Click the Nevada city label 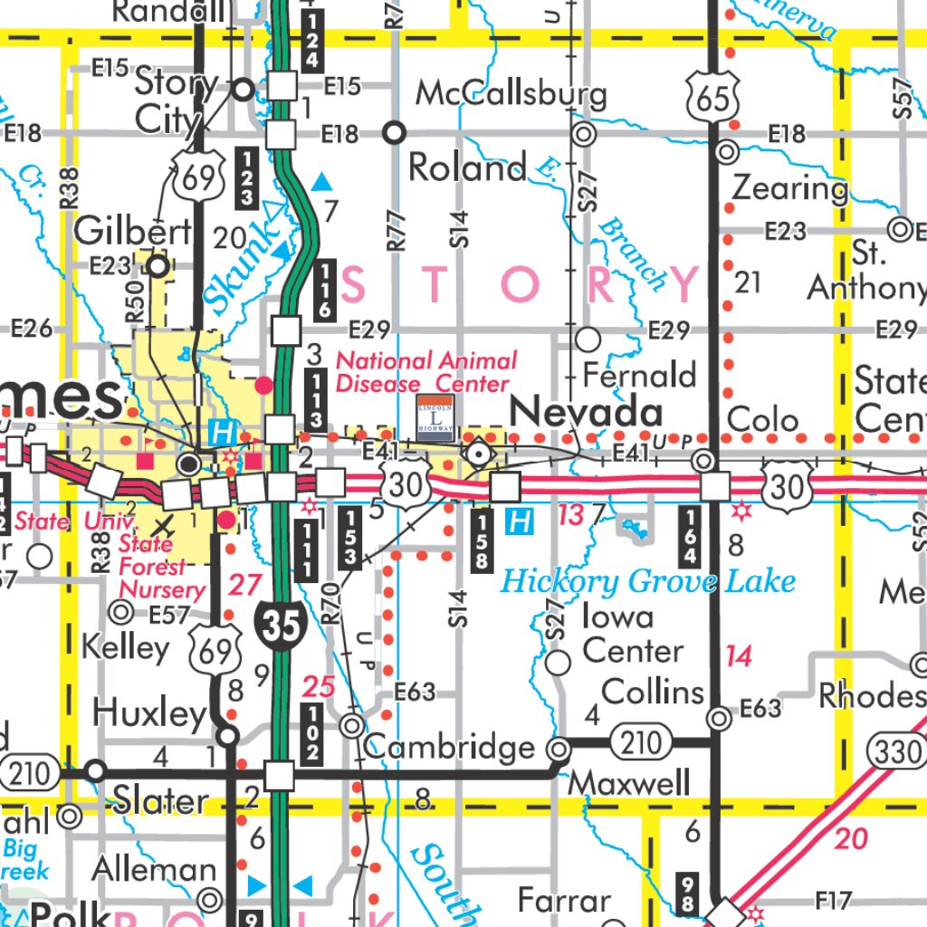point(586,414)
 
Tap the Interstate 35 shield point(282,626)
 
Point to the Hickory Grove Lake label point(648,580)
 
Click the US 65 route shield point(713,97)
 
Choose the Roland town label point(467,167)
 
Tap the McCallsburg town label point(511,94)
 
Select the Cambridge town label point(450,748)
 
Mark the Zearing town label point(788,187)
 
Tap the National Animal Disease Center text point(426,372)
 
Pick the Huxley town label point(149,713)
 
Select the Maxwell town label point(628,782)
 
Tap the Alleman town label point(154,870)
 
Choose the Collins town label point(653,692)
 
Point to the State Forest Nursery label point(162,568)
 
